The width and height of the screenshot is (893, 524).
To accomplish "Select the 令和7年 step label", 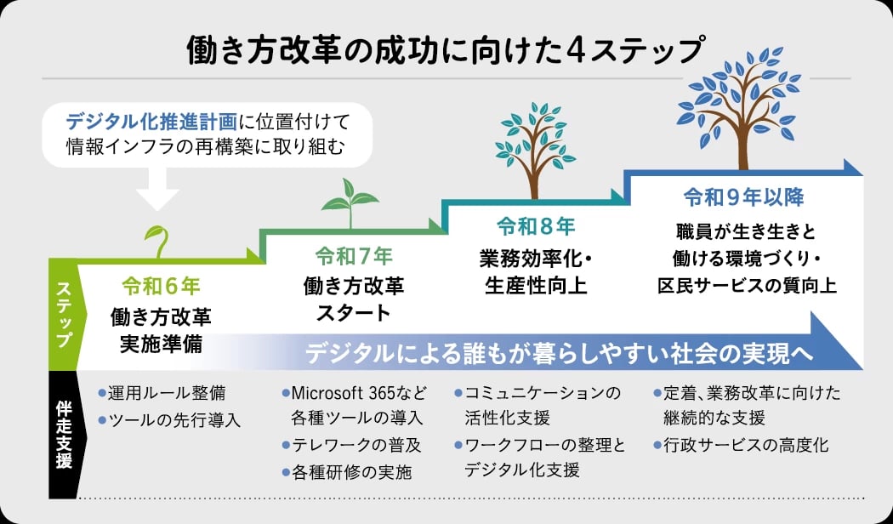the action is pyautogui.click(x=355, y=256).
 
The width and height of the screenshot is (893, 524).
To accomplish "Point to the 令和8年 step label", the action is pyautogui.click(x=536, y=226).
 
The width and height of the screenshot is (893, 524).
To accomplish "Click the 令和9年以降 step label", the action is pyautogui.click(x=744, y=197).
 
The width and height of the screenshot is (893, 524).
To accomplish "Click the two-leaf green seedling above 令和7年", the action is pyautogui.click(x=350, y=203).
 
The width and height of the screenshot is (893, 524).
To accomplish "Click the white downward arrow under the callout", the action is pyautogui.click(x=157, y=189).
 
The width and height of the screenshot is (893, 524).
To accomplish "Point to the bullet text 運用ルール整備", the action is pyautogui.click(x=162, y=393).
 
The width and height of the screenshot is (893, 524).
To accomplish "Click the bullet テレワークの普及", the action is pyautogui.click(x=352, y=446).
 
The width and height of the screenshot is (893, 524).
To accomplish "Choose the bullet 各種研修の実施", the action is pyautogui.click(x=347, y=472).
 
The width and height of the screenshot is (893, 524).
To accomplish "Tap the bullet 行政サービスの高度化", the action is pyautogui.click(x=742, y=446).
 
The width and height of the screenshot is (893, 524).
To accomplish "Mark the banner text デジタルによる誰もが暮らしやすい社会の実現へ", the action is pyautogui.click(x=559, y=353).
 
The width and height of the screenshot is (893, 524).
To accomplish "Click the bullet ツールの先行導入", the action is pyautogui.click(x=170, y=420).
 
